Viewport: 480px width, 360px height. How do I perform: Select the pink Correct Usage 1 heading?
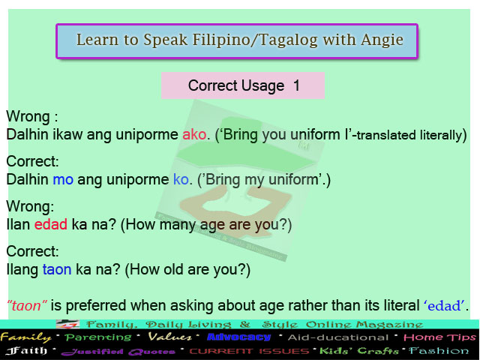pyautogui.click(x=244, y=85)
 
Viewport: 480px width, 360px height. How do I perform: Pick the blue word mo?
pyautogui.click(x=61, y=180)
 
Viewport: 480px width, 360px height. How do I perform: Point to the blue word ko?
pyautogui.click(x=181, y=180)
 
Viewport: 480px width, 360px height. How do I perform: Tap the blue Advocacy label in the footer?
pyautogui.click(x=238, y=337)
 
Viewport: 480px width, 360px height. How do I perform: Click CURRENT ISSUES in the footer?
pyautogui.click(x=250, y=351)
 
